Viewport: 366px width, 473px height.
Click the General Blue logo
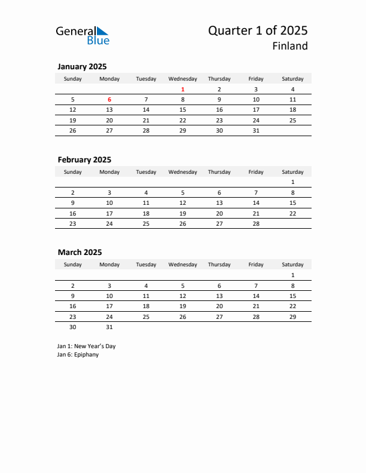(83, 35)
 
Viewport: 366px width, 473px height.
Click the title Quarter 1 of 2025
(258, 30)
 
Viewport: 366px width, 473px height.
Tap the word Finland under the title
(290, 46)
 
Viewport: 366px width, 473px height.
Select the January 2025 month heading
(82, 67)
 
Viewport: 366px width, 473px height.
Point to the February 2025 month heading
(84, 159)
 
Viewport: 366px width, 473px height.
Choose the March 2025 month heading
(80, 252)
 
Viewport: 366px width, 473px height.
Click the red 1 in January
(182, 90)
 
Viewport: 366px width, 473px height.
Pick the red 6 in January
(109, 100)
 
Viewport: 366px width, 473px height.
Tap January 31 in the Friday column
(256, 130)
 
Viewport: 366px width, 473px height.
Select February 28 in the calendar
(256, 223)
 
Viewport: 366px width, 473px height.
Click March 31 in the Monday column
(109, 327)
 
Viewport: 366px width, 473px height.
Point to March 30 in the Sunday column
(73, 327)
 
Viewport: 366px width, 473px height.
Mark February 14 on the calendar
(256, 202)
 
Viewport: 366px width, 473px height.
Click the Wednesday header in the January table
(182, 79)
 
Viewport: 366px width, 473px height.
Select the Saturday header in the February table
(292, 172)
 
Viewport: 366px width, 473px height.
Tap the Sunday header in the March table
(73, 265)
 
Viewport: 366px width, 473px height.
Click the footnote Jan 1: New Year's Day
(86, 346)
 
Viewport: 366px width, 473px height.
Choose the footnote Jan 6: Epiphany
(78, 355)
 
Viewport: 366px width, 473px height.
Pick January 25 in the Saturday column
(292, 120)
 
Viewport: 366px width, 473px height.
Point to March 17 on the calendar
(109, 306)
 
